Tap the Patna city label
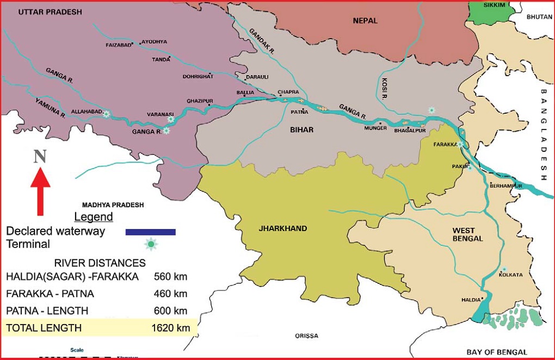300,112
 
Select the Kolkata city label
510,275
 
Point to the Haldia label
471,300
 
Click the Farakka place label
444,145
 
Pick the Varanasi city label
160,114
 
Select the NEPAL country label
365,21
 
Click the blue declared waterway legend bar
150,232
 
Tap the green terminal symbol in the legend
151,245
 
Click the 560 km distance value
171,276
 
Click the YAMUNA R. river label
51,108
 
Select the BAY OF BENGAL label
497,352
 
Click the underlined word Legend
94,217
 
